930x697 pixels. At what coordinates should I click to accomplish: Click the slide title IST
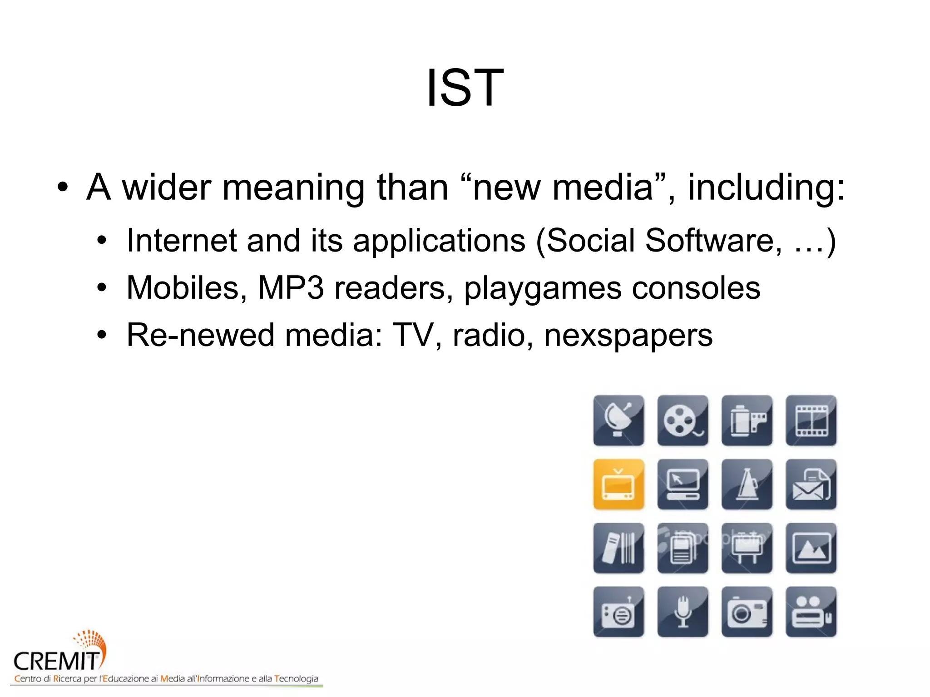[x=465, y=88]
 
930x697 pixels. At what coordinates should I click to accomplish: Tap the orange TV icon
[x=618, y=484]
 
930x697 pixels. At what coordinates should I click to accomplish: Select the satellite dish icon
[x=618, y=420]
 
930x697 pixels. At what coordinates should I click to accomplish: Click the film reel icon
[x=682, y=420]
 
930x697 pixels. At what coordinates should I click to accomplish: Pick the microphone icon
[x=682, y=612]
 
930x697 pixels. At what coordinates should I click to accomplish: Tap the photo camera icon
[x=747, y=612]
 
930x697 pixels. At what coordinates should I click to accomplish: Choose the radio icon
[x=618, y=612]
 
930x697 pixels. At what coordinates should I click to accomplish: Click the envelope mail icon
[x=811, y=484]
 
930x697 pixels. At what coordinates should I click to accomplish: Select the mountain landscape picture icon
[x=811, y=548]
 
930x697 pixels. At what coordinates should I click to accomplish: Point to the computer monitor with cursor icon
[x=682, y=484]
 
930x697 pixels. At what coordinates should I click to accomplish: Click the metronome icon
[x=747, y=484]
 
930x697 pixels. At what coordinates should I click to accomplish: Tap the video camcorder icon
[x=811, y=612]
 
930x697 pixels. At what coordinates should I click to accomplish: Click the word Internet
[x=181, y=240]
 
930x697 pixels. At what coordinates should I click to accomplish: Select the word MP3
[x=291, y=288]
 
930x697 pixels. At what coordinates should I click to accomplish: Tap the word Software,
[x=713, y=240]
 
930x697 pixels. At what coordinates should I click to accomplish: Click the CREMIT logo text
[x=56, y=661]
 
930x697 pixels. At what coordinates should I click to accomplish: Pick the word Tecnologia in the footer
[x=296, y=679]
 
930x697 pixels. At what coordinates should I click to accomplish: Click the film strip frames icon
[x=811, y=420]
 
